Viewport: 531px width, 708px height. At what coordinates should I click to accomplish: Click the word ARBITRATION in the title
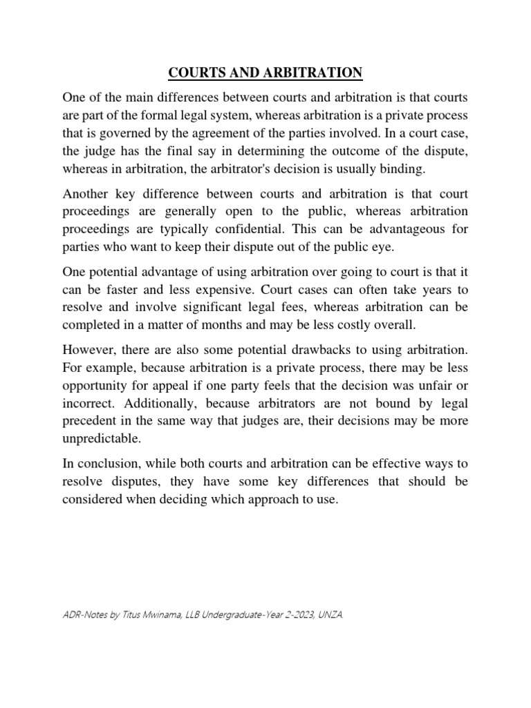coord(314,72)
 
